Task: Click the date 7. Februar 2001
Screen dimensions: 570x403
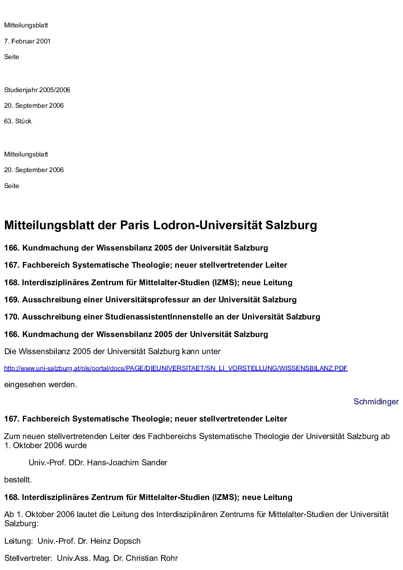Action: pos(27,41)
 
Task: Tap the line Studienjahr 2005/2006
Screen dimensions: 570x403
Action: pos(37,90)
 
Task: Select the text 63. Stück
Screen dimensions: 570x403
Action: pos(18,121)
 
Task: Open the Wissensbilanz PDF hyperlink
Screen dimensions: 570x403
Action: pos(176,368)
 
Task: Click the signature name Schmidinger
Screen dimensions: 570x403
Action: pos(376,402)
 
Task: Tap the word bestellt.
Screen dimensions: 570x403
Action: pos(18,480)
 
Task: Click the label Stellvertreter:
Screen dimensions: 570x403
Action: pos(28,559)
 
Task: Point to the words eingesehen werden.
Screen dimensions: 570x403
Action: pos(40,385)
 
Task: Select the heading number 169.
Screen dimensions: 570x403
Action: pos(12,300)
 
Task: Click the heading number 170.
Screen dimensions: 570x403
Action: pos(12,317)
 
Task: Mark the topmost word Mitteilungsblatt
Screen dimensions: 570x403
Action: pos(26,26)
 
